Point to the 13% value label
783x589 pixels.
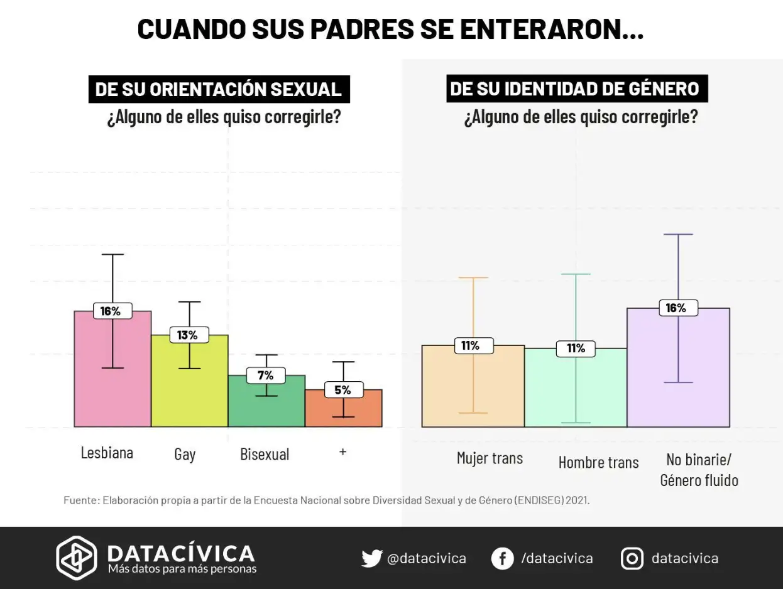coord(187,335)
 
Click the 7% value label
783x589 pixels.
coord(265,376)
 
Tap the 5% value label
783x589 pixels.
coord(342,390)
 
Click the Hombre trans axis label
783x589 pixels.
coord(598,463)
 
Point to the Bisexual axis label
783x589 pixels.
coord(265,455)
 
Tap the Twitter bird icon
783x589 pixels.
coord(371,558)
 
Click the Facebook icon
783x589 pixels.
coord(502,558)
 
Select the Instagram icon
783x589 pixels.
coord(632,558)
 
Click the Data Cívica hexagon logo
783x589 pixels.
coord(77,558)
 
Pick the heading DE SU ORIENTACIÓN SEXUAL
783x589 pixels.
coord(218,89)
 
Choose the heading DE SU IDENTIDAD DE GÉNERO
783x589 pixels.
coord(575,89)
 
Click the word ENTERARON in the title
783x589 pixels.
coord(545,29)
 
